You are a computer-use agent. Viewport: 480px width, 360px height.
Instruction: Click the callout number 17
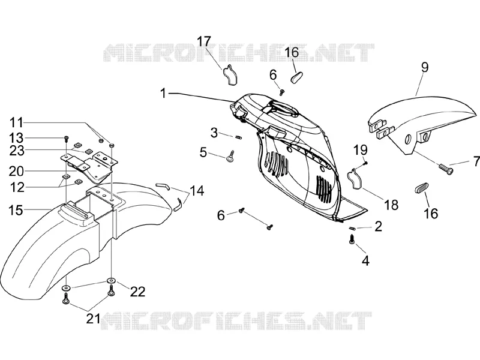click(204, 41)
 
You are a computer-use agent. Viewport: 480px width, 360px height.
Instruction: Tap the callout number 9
click(425, 68)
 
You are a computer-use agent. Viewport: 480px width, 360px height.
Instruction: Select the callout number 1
click(163, 94)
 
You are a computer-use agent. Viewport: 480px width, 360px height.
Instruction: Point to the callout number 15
click(16, 211)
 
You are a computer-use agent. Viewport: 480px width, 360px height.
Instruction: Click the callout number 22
click(137, 292)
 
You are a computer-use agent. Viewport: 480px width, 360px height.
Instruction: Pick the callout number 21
click(93, 319)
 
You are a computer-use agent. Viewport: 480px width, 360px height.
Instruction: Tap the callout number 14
click(197, 191)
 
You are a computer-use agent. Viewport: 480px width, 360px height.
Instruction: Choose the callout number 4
click(365, 261)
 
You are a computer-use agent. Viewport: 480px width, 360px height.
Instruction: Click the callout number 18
click(391, 205)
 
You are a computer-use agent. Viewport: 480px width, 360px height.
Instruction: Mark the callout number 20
click(16, 172)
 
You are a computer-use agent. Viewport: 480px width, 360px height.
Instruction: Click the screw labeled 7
click(445, 169)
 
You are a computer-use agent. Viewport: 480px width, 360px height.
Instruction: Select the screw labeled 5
click(230, 155)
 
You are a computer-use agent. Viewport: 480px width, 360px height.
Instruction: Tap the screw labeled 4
click(352, 239)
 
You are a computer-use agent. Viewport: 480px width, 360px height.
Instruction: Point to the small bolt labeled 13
click(66, 139)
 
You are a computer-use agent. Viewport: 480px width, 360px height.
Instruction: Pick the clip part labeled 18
click(355, 178)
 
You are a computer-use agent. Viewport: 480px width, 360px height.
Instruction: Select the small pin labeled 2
click(352, 228)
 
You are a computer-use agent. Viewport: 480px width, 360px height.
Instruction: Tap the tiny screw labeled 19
click(365, 164)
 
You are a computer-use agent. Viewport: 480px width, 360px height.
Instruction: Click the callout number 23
click(17, 151)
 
